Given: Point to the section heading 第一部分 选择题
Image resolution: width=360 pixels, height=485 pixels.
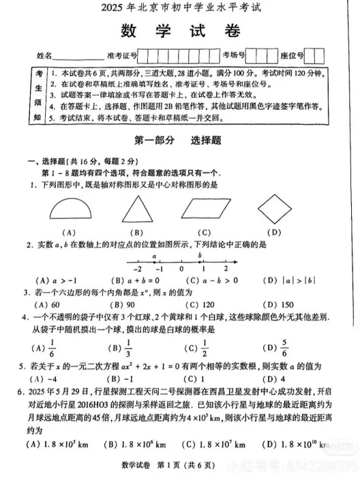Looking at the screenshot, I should pos(181,141).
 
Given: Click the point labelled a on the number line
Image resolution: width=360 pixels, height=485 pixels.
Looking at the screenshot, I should pos(155,262).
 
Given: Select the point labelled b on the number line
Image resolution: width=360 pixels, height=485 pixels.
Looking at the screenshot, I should pos(200,262).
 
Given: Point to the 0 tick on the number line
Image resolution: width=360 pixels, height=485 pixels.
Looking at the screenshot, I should pos(181,263).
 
